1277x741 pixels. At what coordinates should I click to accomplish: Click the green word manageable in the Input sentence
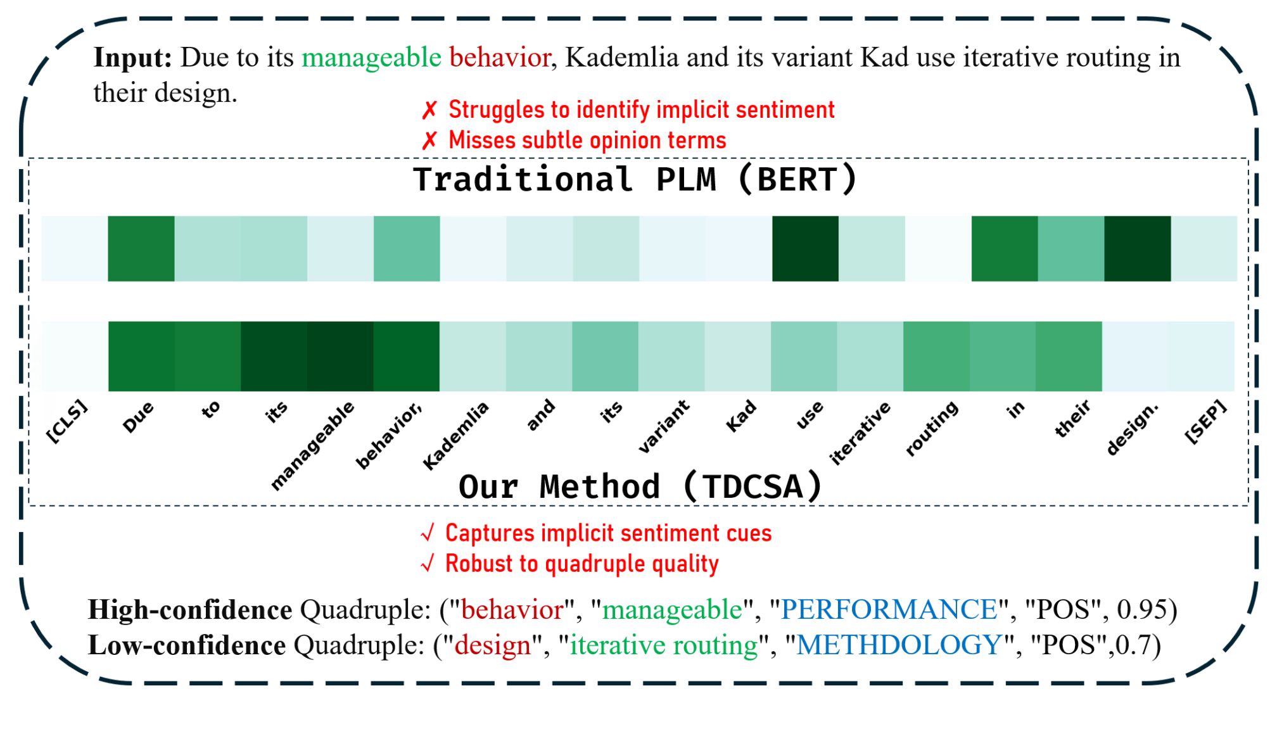click(x=371, y=58)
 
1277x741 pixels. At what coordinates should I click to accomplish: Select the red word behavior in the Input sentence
click(x=500, y=58)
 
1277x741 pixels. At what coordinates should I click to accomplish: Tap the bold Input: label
click(x=133, y=58)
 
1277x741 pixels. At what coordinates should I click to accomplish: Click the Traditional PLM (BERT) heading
click(x=635, y=179)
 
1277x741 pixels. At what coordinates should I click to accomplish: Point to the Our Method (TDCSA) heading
click(x=640, y=487)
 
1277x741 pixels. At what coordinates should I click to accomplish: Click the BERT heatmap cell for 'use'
click(x=805, y=248)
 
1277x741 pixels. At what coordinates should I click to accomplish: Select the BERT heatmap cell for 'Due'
click(x=141, y=248)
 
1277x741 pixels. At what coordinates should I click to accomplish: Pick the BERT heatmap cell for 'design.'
click(x=1138, y=248)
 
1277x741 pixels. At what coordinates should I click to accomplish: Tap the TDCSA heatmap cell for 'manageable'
click(x=340, y=356)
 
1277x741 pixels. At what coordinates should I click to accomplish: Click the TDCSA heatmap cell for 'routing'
click(x=936, y=356)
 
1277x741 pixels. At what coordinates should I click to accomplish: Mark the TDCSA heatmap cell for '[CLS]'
click(x=75, y=356)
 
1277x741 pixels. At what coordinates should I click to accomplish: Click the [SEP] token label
click(x=1206, y=422)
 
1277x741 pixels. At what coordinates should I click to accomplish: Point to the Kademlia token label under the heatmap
click(x=455, y=436)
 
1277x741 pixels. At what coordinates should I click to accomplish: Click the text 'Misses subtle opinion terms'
click(x=587, y=141)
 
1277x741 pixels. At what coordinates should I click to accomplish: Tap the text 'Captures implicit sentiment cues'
click(x=608, y=533)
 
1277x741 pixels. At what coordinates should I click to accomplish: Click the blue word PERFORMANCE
click(x=889, y=609)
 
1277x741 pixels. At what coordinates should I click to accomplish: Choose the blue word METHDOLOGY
click(x=899, y=645)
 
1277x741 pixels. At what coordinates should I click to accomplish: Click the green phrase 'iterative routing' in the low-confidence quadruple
click(x=664, y=645)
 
